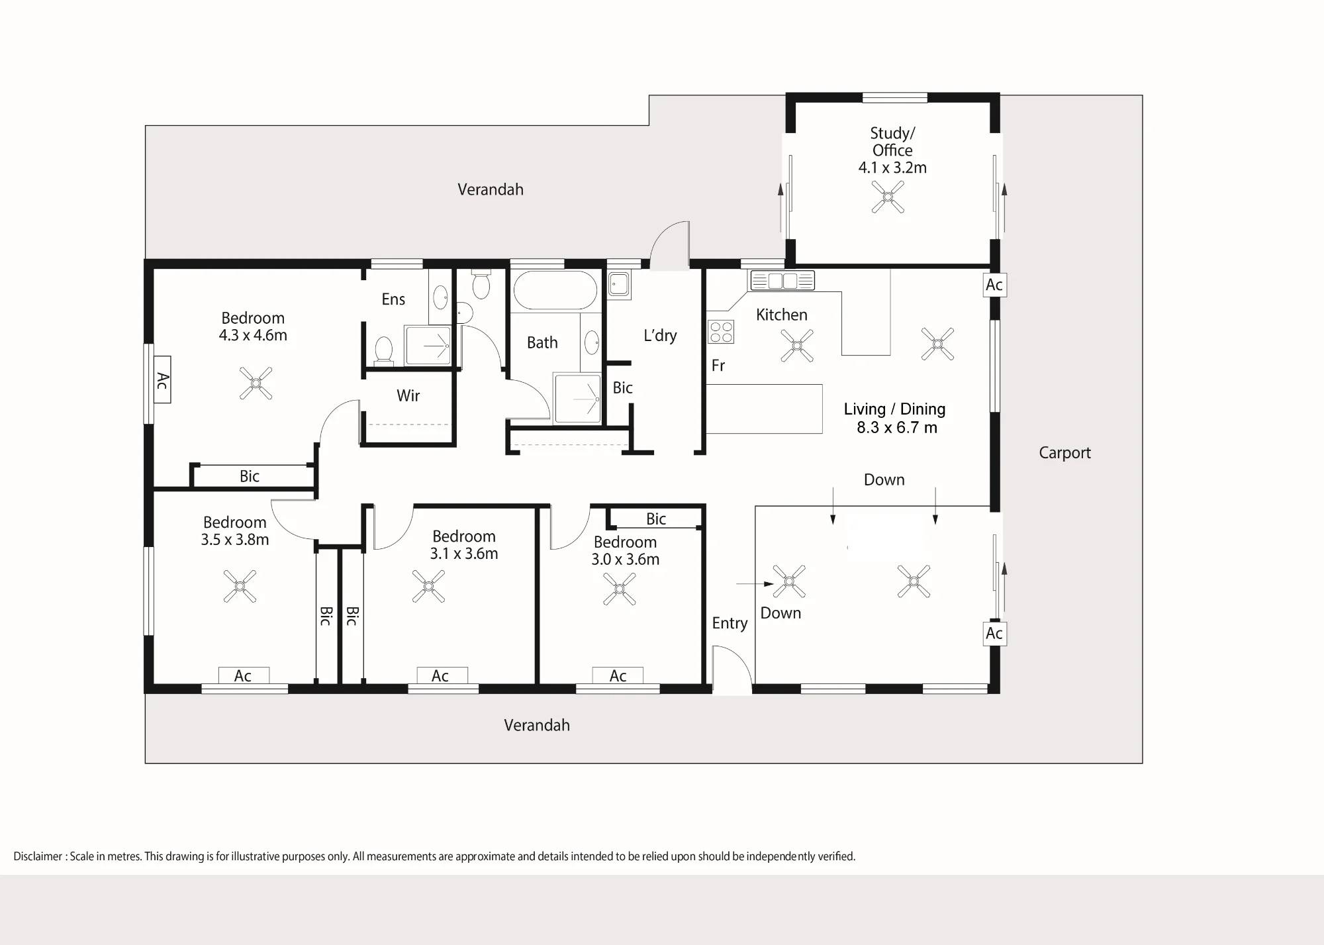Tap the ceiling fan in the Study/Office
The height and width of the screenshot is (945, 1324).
(888, 197)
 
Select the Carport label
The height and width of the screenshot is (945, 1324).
(1064, 453)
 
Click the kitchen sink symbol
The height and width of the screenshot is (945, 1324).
(782, 281)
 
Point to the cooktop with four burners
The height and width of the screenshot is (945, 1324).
(721, 332)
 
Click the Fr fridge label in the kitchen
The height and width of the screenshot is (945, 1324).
(718, 366)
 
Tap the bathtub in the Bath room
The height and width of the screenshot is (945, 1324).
(555, 291)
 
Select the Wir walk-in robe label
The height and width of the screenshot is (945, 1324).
(408, 396)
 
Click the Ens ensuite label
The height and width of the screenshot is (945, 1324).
(393, 299)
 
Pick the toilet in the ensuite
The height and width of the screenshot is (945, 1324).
(383, 350)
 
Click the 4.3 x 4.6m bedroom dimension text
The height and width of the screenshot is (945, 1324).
(253, 335)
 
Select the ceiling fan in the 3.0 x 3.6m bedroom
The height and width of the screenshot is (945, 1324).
(620, 589)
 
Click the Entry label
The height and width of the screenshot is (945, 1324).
(730, 624)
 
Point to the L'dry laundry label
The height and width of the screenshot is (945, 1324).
(660, 336)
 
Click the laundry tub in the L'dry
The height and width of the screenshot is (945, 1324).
(619, 284)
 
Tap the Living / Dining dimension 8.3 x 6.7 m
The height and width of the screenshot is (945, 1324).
(897, 428)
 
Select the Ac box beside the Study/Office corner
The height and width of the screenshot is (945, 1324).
(994, 285)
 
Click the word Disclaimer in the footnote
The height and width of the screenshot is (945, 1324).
(38, 856)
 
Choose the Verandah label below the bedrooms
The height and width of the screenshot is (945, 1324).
(537, 725)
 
